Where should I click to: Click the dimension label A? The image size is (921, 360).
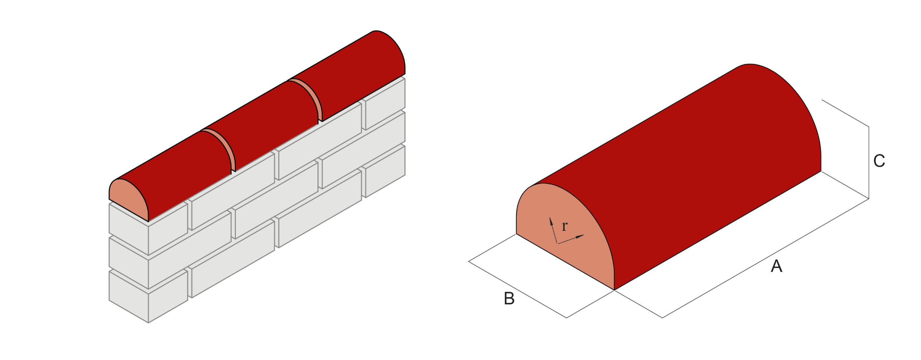pos(776,266)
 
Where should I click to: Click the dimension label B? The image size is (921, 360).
pos(509,299)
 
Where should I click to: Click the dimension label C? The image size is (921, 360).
pos(879,161)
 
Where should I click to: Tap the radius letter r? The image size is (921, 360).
pos(564,226)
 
